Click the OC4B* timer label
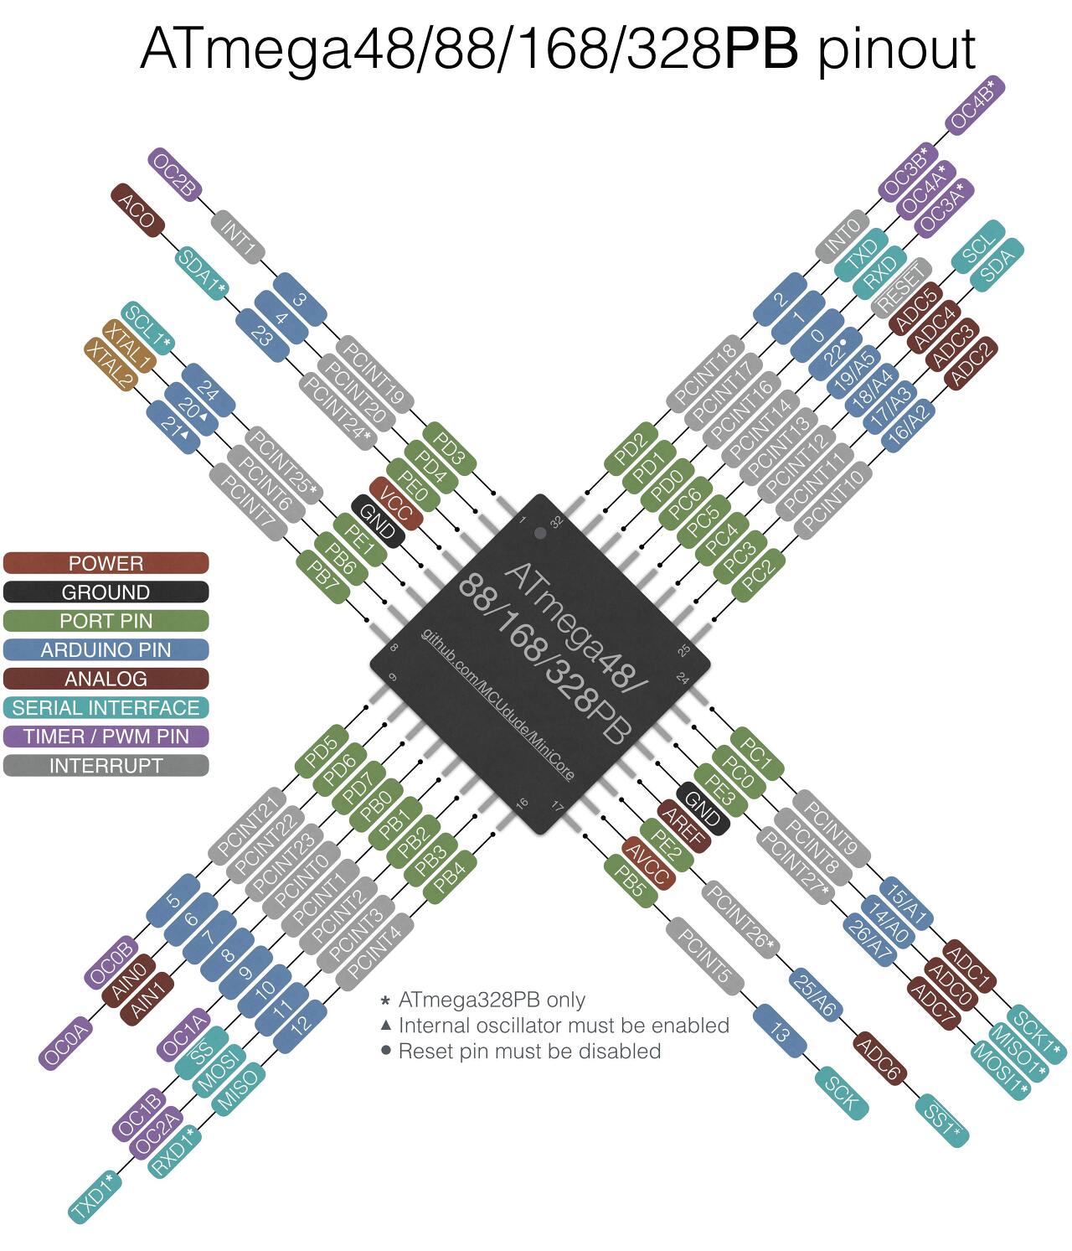coord(975,104)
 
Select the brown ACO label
coord(137,209)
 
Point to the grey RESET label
coord(901,287)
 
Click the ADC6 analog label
coord(880,1060)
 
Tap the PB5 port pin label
coord(628,882)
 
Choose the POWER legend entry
coord(106,563)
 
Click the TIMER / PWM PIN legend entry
coord(106,737)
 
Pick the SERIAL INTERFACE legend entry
coord(106,708)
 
